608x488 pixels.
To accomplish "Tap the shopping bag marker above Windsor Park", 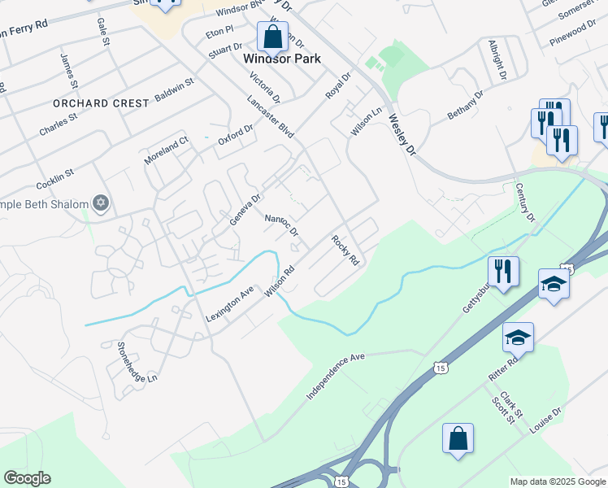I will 271,37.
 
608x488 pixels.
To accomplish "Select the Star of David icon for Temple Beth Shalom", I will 101,203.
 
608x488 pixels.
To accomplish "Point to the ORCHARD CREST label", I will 101,103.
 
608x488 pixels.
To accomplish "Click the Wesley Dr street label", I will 402,134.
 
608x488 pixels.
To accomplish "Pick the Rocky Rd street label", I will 345,251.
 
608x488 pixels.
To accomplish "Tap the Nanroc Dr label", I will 282,225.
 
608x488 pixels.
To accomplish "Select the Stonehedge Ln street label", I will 136,363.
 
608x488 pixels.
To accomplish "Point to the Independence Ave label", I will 337,376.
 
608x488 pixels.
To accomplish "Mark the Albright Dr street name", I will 497,59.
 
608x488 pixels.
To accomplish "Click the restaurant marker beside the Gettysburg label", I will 503,272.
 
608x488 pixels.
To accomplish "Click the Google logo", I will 27,478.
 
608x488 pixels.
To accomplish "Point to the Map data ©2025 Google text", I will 557,481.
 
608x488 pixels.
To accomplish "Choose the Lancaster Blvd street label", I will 270,117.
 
